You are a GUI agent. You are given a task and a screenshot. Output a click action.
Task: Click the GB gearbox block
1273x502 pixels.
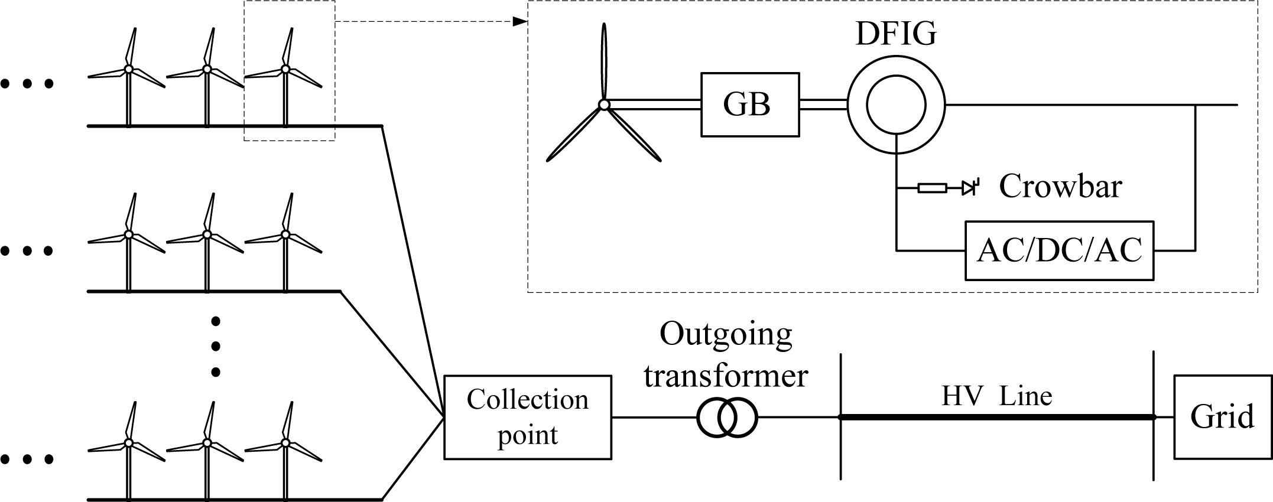pos(749,105)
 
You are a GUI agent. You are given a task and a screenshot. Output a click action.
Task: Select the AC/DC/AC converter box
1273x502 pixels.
pos(1058,250)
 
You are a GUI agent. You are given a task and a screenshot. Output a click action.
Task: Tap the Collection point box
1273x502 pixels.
pos(527,417)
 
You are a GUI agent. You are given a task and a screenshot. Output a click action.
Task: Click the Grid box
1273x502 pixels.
pos(1222,417)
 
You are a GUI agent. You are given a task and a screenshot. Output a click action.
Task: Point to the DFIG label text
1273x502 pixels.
pos(895,34)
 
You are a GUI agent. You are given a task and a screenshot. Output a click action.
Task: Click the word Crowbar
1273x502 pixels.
pos(1060,187)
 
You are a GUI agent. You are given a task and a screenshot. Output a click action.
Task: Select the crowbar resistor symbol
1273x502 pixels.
pos(932,188)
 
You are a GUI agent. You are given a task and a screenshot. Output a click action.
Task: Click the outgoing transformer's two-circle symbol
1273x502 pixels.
pos(726,418)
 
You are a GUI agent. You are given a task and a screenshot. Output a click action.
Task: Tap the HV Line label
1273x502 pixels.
pos(996,396)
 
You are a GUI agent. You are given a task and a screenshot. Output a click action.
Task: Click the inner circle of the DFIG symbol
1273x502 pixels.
pos(896,105)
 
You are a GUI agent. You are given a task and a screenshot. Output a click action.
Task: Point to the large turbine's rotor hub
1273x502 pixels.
pos(603,105)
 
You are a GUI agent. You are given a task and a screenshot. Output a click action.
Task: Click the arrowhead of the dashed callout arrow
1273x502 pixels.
pos(519,22)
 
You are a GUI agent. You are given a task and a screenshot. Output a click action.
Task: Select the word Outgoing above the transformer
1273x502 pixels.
pos(726,334)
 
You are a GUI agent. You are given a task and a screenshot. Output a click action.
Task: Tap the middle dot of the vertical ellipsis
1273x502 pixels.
pos(216,346)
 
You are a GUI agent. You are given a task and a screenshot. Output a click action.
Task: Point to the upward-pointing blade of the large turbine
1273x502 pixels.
pos(603,59)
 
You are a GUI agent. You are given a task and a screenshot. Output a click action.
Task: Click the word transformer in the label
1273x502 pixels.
pos(726,376)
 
